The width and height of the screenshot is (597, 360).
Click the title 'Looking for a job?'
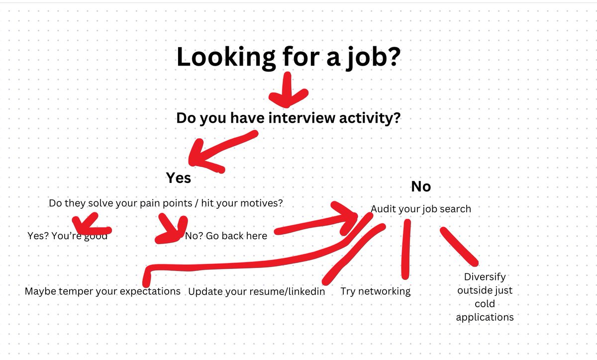pos(288,57)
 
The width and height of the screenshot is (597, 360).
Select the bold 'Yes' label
pos(178,178)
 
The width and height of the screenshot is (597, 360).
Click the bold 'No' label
pos(420,186)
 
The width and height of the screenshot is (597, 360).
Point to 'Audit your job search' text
pos(421,209)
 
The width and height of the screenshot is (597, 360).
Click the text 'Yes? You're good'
pos(67,236)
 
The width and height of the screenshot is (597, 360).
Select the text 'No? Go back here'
pos(226,236)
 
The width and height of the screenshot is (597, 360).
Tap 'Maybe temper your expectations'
pos(102,291)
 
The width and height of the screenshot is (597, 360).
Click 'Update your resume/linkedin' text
pos(256,291)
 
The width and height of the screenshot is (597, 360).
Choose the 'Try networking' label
pos(376,291)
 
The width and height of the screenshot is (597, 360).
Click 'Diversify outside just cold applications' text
pos(485,297)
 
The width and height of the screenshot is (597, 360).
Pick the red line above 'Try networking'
pos(406,249)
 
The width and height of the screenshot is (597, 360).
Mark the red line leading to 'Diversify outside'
pos(459,246)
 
